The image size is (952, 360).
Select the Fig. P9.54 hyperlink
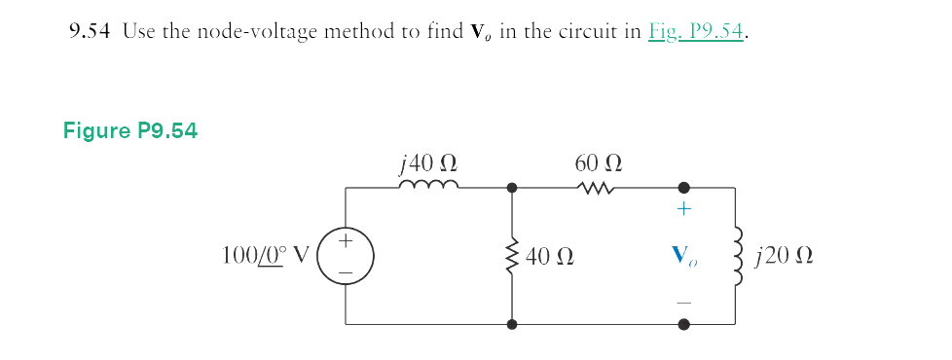click(x=695, y=31)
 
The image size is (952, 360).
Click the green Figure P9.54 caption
click(x=130, y=130)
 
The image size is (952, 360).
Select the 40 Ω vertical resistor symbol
click(x=512, y=256)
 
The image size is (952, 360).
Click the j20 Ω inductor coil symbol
click(x=737, y=255)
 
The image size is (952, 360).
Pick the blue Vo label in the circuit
click(x=683, y=257)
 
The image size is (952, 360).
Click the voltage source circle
click(x=347, y=255)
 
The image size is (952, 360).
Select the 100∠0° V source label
click(x=265, y=257)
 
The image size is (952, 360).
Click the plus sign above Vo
click(x=683, y=209)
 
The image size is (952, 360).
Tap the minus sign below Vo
click(x=683, y=302)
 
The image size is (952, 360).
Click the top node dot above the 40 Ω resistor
click(x=512, y=186)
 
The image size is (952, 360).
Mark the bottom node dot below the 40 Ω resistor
click(x=512, y=324)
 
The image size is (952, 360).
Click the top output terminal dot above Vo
click(x=683, y=186)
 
